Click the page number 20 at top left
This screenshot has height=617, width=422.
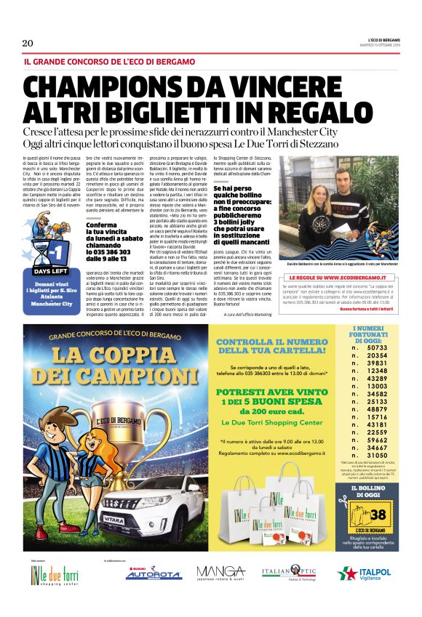28,43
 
